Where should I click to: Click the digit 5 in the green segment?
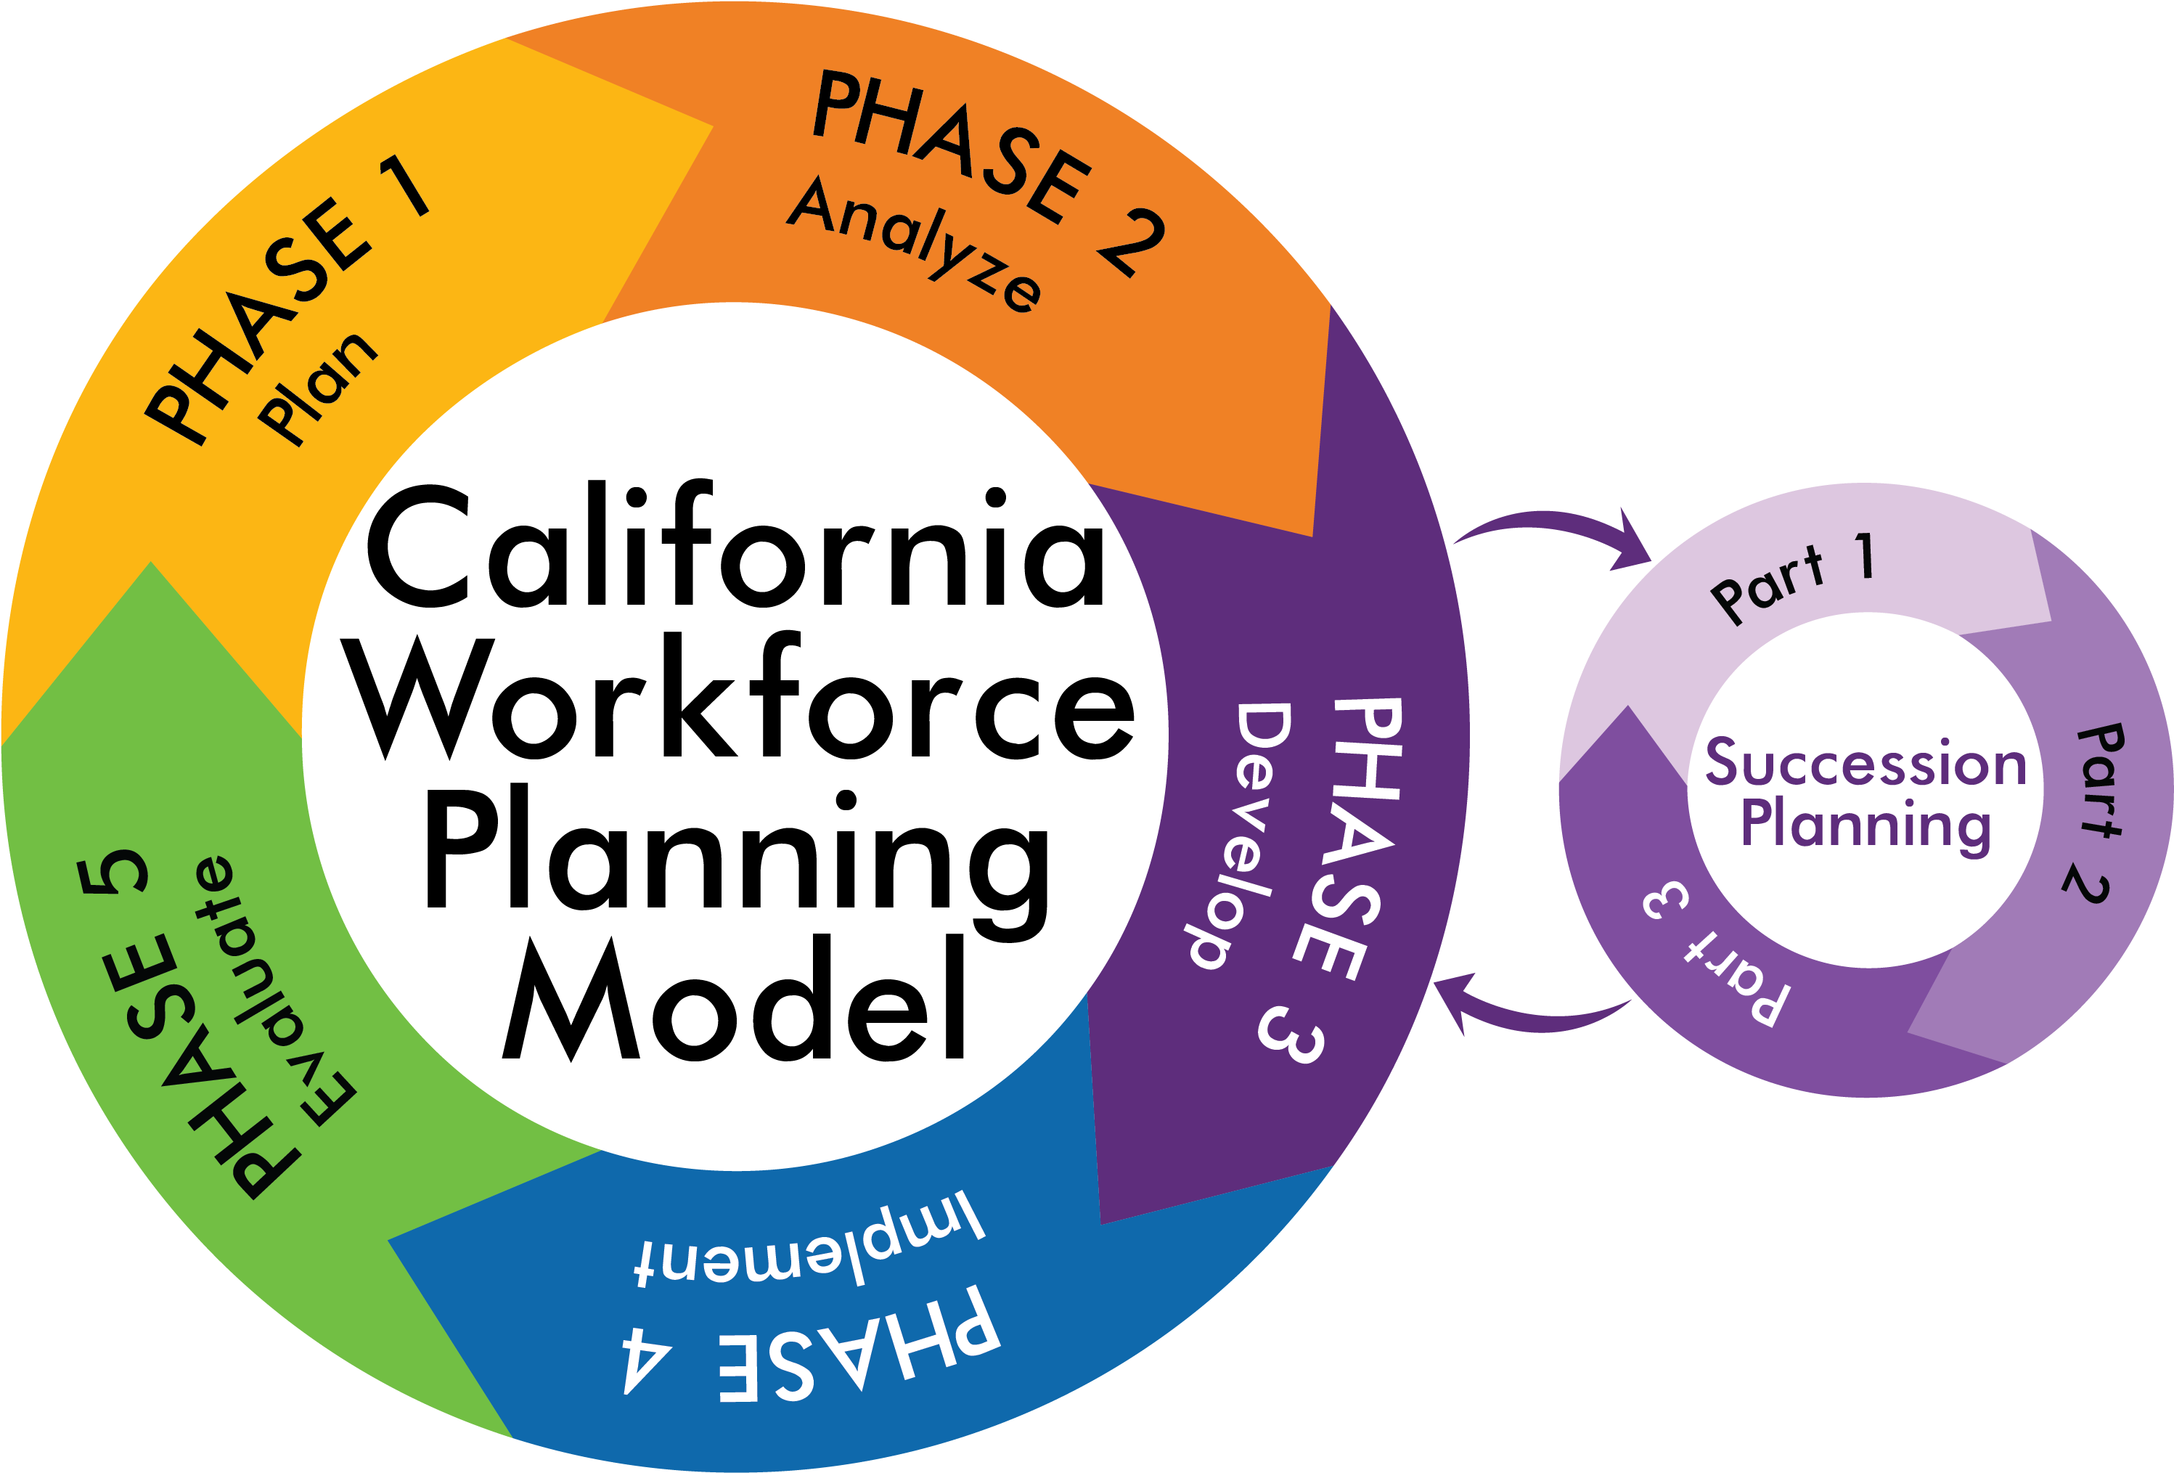[117, 870]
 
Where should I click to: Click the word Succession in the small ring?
[1866, 763]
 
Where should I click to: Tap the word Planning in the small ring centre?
[1866, 825]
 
